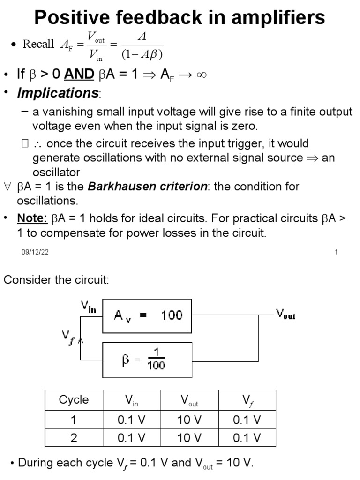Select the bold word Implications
[x=58, y=93]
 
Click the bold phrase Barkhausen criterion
[x=147, y=187]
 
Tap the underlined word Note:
[x=32, y=218]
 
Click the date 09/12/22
[x=35, y=252]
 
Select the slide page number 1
[x=336, y=252]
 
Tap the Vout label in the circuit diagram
[x=286, y=315]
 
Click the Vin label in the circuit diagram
[x=89, y=307]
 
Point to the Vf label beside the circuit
[x=68, y=336]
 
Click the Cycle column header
[x=74, y=400]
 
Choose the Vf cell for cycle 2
[x=247, y=438]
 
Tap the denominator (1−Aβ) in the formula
[x=142, y=55]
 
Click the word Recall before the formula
[x=38, y=44]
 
